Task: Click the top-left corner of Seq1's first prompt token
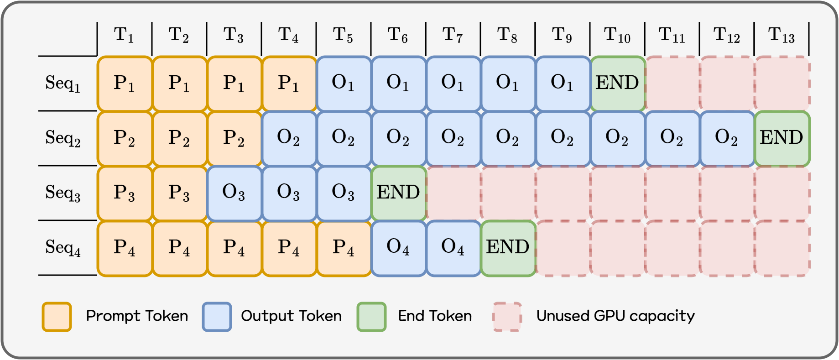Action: pyautogui.click(x=98, y=57)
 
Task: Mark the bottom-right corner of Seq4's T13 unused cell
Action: pyautogui.click(x=810, y=276)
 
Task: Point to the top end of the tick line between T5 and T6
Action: pyautogui.click(x=371, y=22)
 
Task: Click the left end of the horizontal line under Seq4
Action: pyautogui.click(x=39, y=275)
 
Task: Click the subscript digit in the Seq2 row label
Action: pyautogui.click(x=77, y=143)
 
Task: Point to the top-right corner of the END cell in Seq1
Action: pyautogui.click(x=645, y=57)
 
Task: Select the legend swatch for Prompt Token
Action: pyautogui.click(x=57, y=316)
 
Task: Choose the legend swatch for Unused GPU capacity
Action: pyautogui.click(x=507, y=316)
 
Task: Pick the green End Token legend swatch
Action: pyautogui.click(x=371, y=316)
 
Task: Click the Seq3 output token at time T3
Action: pyautogui.click(x=234, y=193)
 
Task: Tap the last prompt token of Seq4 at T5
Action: pyautogui.click(x=344, y=248)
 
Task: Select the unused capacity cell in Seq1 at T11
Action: pyautogui.click(x=672, y=83)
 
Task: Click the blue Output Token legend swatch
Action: pyautogui.click(x=217, y=316)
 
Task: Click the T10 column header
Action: pyautogui.click(x=617, y=35)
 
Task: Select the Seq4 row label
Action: pyautogui.click(x=63, y=248)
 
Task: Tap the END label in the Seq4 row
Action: pyautogui.click(x=508, y=247)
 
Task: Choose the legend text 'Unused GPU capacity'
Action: pyautogui.click(x=615, y=316)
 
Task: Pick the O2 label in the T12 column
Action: pyautogui.click(x=726, y=137)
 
